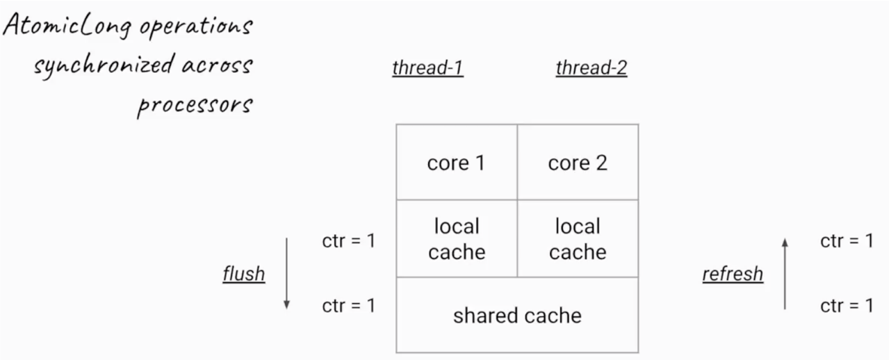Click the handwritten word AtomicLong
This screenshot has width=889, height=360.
[x=67, y=26]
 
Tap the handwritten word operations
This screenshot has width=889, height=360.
[x=196, y=28]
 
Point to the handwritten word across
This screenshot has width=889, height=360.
[x=218, y=66]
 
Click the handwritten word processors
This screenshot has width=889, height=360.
[x=195, y=106]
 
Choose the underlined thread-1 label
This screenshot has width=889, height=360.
[x=428, y=68]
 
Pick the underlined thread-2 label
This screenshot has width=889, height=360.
[x=592, y=68]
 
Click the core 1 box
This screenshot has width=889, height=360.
[x=457, y=162]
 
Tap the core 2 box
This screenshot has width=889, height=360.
[x=578, y=162]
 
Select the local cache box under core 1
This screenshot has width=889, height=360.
[x=457, y=238]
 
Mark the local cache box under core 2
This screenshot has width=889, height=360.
[x=578, y=238]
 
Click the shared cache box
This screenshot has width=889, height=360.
[x=517, y=315]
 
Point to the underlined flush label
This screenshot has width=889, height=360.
[x=244, y=274]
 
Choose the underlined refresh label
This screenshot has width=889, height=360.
[x=733, y=274]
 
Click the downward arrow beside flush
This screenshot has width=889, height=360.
[x=286, y=274]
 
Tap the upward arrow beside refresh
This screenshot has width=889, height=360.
[x=785, y=274]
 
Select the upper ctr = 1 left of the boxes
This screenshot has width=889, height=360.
[x=348, y=241]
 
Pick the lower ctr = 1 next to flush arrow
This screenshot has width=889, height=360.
[x=348, y=306]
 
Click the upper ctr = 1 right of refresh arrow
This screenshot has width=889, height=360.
[x=847, y=241]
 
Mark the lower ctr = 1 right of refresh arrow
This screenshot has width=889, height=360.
[x=847, y=306]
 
